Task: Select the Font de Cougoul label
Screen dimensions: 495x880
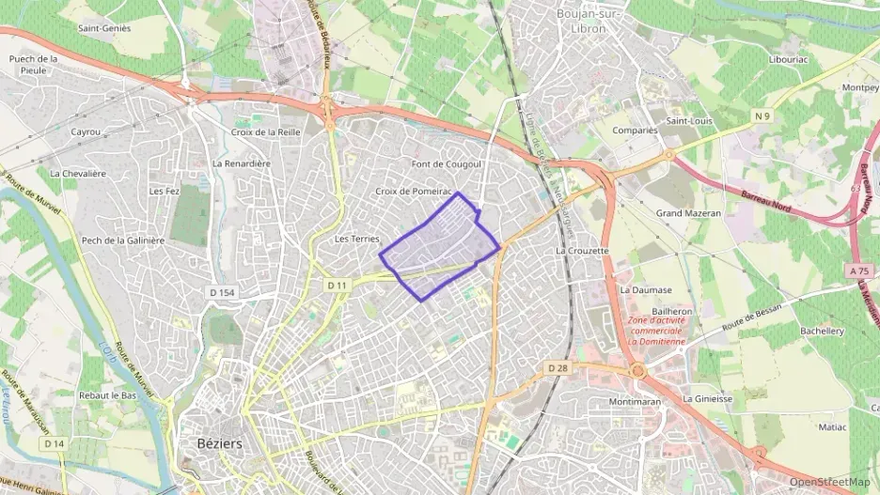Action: point(447,164)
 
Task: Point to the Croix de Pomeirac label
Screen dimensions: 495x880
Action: point(415,191)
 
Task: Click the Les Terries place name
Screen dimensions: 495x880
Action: point(356,240)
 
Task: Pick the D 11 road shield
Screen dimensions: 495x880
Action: point(338,285)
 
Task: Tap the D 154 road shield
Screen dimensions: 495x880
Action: point(222,293)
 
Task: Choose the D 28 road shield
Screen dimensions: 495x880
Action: point(558,367)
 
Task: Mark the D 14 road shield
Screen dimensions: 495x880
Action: point(54,443)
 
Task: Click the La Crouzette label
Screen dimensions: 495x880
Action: point(583,252)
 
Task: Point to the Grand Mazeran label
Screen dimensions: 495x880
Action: point(688,213)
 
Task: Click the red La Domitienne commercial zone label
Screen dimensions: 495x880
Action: point(658,331)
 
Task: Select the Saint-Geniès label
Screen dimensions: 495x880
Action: point(104,28)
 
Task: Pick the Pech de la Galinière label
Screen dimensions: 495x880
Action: point(123,240)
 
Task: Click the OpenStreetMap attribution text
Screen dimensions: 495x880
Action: point(829,482)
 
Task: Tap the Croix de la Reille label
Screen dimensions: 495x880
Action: point(265,132)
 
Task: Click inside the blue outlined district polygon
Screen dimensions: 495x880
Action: point(437,249)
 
